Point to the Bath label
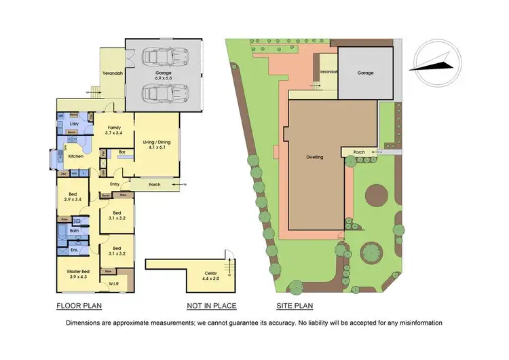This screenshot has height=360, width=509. coord(75,231)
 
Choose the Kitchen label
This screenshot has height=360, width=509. coord(77,156)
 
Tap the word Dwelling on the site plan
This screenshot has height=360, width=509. coord(314,157)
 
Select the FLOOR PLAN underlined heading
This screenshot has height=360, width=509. coord(79,306)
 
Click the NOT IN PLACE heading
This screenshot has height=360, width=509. coord(209,306)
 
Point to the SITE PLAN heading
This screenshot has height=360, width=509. coord(294,306)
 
